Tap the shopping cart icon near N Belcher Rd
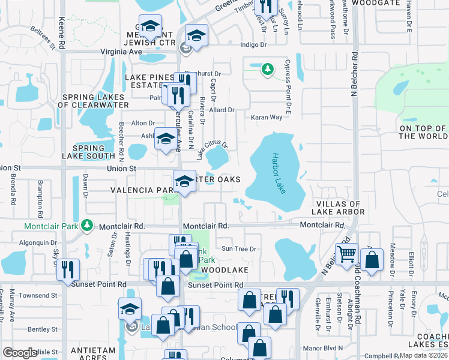[x=347, y=254]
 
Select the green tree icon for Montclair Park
[x=88, y=226]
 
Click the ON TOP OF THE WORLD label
[x=423, y=132]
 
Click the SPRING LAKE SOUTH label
[x=89, y=152]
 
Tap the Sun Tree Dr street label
[x=238, y=248]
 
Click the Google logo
[x=20, y=353]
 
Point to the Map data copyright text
[x=423, y=355]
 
